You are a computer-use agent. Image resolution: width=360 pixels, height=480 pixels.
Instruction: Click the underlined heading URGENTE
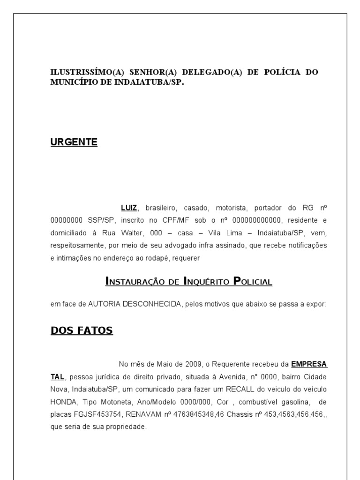point(74,142)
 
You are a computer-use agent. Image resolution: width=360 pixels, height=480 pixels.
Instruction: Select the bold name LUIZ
point(129,207)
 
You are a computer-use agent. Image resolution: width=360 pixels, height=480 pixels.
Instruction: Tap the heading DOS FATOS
point(82,330)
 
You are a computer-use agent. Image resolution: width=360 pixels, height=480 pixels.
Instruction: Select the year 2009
point(195,364)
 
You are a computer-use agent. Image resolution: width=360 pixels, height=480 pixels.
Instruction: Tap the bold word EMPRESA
point(309,364)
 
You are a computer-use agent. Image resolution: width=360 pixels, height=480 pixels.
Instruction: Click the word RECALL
point(240,389)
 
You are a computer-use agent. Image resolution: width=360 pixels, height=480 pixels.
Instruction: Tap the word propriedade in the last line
point(127,427)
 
